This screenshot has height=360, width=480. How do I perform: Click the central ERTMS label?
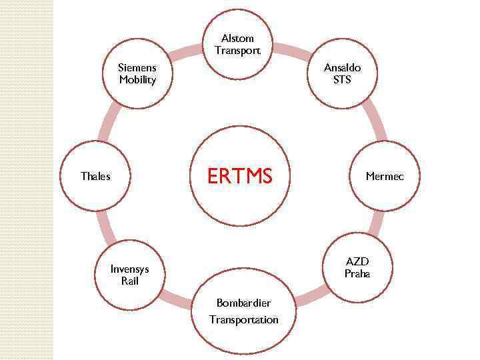(239, 176)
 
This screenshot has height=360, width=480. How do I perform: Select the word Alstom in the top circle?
(238, 38)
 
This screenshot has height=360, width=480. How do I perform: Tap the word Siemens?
(137, 67)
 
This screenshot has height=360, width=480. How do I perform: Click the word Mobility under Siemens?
(137, 80)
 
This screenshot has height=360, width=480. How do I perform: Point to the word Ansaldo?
(342, 67)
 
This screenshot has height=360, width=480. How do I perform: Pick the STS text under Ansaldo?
(342, 80)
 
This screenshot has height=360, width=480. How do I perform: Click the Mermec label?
(384, 177)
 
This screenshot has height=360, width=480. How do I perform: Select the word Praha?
(357, 274)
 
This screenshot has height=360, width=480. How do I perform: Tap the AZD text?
(357, 261)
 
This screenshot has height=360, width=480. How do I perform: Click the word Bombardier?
(243, 303)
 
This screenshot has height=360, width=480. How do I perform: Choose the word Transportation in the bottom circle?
(243, 320)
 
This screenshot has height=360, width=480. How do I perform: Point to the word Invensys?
(129, 269)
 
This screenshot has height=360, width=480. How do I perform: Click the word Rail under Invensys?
(129, 281)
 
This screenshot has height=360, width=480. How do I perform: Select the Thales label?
(95, 177)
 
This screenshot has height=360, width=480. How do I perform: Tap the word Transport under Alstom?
(238, 51)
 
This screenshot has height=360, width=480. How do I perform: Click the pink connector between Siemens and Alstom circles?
(186, 51)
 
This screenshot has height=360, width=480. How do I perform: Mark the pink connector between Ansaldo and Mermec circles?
(377, 120)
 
